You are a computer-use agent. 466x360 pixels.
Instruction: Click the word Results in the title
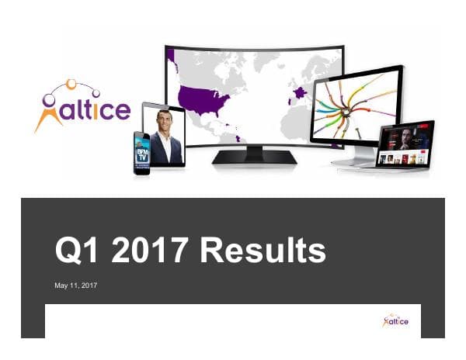click(x=263, y=251)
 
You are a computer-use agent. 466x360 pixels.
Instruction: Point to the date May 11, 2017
click(x=75, y=286)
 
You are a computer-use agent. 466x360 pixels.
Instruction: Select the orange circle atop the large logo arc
click(x=71, y=83)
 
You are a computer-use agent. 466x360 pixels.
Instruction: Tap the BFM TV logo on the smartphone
click(x=141, y=152)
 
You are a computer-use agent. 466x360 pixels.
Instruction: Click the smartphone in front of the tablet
click(x=141, y=152)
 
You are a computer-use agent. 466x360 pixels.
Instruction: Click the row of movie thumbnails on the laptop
click(x=403, y=157)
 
